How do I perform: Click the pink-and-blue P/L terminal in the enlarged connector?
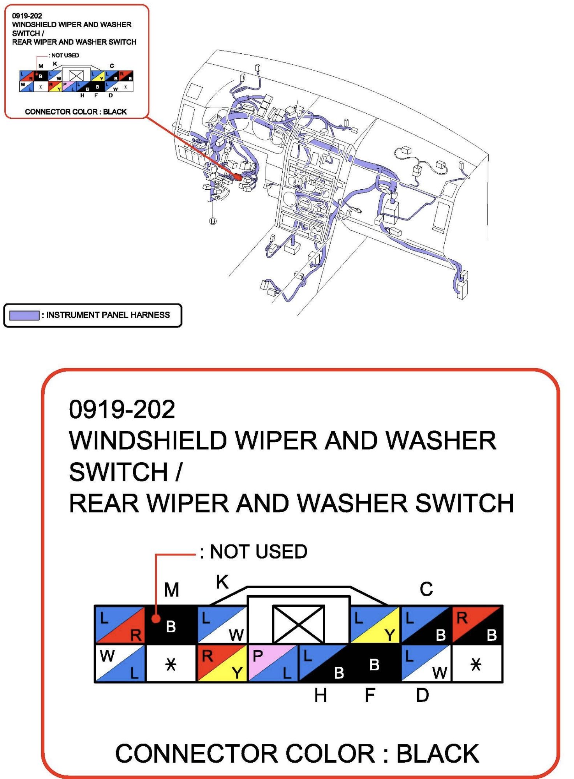click(273, 663)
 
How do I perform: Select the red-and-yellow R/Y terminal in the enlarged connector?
click(222, 663)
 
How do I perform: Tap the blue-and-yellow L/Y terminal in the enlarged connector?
click(375, 625)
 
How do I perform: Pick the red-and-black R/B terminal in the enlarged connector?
click(477, 625)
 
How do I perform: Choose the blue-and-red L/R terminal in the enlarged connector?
click(120, 625)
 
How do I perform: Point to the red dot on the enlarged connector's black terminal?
click(156, 619)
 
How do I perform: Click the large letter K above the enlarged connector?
click(222, 582)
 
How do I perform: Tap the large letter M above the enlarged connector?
click(171, 590)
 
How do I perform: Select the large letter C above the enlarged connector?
click(426, 589)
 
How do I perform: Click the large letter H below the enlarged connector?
click(320, 695)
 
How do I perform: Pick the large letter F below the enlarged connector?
click(370, 695)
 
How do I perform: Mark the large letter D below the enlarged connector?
click(423, 695)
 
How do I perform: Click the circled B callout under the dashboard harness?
click(213, 221)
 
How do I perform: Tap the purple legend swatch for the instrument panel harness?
click(24, 315)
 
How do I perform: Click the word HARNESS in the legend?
click(150, 315)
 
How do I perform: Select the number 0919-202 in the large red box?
click(122, 409)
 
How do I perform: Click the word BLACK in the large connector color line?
click(438, 754)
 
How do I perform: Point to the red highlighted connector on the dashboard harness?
click(238, 177)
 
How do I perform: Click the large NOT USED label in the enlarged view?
click(259, 552)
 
